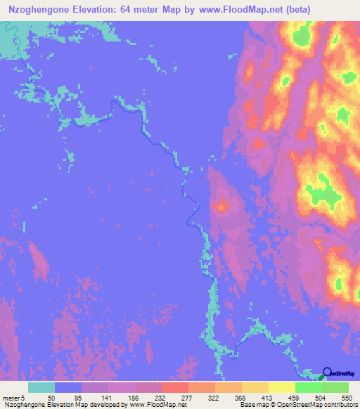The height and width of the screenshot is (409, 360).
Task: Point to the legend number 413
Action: pos(269,397)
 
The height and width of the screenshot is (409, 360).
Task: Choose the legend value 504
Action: pos(322,397)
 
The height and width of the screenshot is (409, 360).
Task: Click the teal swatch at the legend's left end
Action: pos(41,387)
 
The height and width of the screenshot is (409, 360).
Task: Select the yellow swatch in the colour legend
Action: pos(281,387)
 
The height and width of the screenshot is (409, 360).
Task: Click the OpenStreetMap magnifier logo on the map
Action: pos(327,372)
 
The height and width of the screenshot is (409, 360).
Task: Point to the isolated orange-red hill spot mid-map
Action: pos(222,206)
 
